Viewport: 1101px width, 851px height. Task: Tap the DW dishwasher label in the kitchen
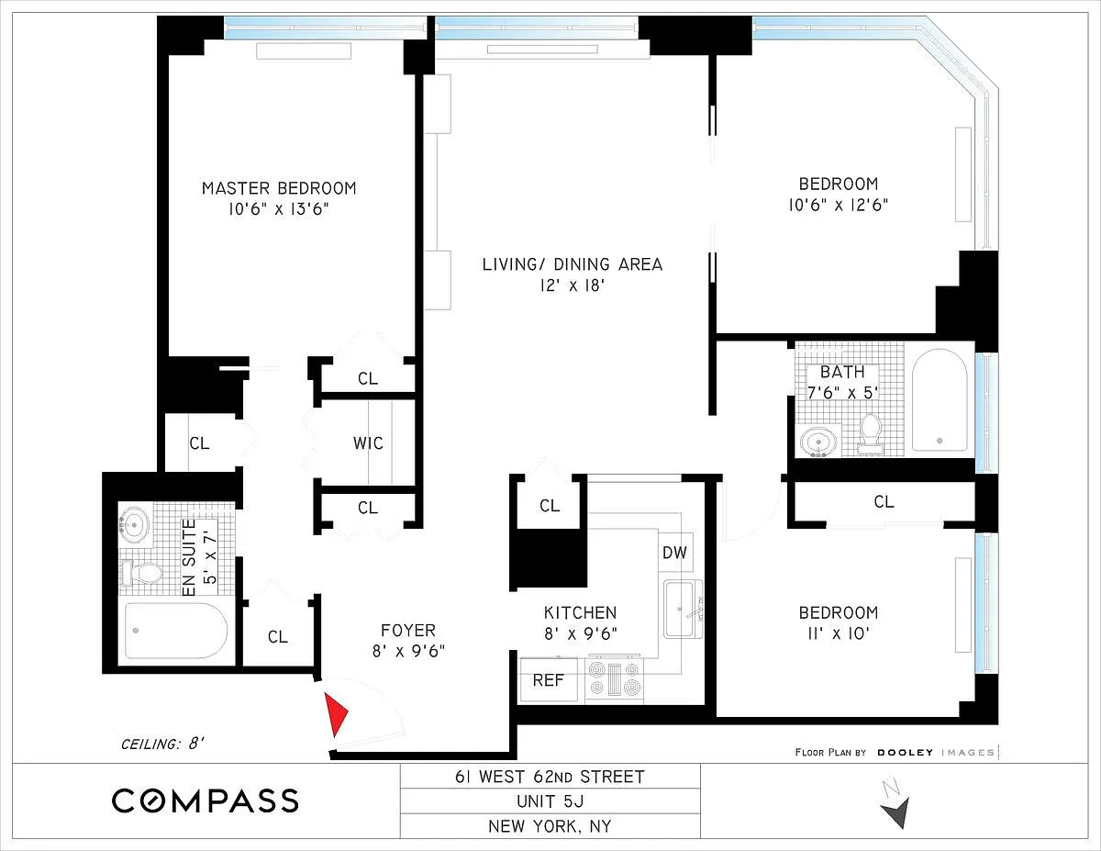675,553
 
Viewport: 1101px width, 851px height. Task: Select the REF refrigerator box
549,679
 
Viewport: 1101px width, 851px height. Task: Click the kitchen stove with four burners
614,679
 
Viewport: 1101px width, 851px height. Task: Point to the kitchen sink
683,609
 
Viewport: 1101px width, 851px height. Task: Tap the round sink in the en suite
135,524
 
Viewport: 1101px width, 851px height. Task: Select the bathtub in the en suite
176,631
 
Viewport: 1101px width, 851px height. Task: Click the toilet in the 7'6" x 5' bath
870,434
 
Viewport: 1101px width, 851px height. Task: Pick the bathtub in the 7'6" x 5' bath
940,400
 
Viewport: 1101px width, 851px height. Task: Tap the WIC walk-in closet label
368,443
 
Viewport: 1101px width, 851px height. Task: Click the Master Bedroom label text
279,188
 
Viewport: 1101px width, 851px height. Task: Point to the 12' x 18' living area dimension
573,286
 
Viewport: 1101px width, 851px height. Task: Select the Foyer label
408,631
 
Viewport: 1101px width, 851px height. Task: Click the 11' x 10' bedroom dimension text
839,633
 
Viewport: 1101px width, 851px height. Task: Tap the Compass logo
206,801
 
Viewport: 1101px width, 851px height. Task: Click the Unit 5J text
550,801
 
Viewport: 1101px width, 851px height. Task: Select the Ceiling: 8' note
162,745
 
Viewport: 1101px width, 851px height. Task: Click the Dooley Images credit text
896,752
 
